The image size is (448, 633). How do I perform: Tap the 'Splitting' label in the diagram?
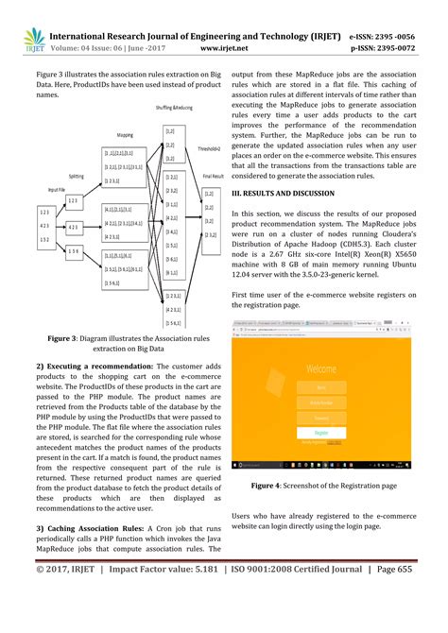click(82, 176)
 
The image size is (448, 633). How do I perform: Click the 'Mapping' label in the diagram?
click(125, 134)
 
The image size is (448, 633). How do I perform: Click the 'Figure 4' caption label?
click(267, 486)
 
